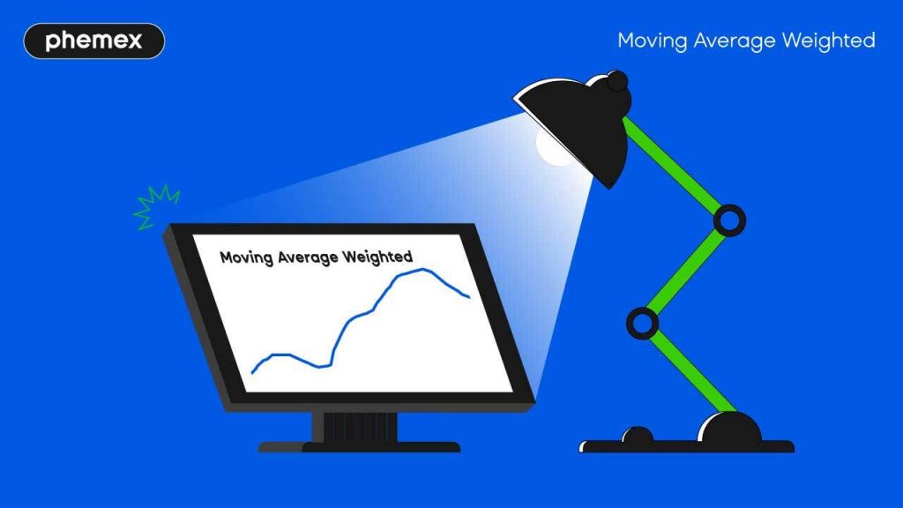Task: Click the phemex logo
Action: [93, 41]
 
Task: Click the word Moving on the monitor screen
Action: [246, 258]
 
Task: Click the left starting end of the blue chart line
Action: [252, 372]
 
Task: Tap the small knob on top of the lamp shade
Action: [617, 82]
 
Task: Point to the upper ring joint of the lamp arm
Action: [728, 220]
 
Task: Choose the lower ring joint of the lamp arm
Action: [642, 323]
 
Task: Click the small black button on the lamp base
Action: [638, 435]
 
